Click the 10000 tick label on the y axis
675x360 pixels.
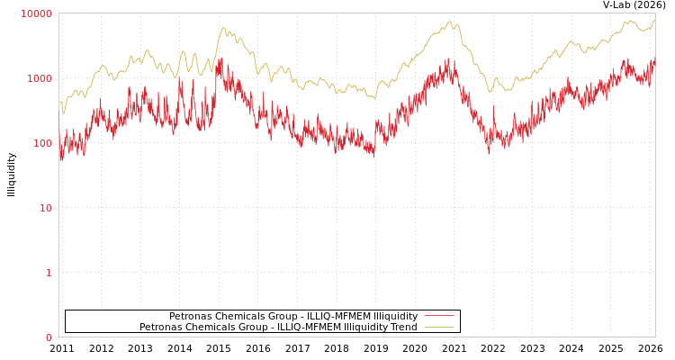pyautogui.click(x=37, y=13)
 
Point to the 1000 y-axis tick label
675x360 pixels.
pyautogui.click(x=40, y=78)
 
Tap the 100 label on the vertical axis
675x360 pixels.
pyautogui.click(x=42, y=143)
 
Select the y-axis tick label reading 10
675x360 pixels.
pyautogui.click(x=45, y=208)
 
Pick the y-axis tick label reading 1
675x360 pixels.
pyautogui.click(x=49, y=273)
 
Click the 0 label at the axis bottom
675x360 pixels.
pyautogui.click(x=49, y=337)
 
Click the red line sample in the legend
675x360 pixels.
pyautogui.click(x=438, y=316)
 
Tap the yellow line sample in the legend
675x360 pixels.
pyautogui.click(x=438, y=327)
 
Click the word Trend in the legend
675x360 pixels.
pyautogui.click(x=402, y=327)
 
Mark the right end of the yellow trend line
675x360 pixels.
pyautogui.click(x=654, y=20)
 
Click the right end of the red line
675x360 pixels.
pyautogui.click(x=654, y=61)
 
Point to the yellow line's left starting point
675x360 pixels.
pyautogui.click(x=59, y=103)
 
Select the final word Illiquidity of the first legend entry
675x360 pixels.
pyautogui.click(x=395, y=316)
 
